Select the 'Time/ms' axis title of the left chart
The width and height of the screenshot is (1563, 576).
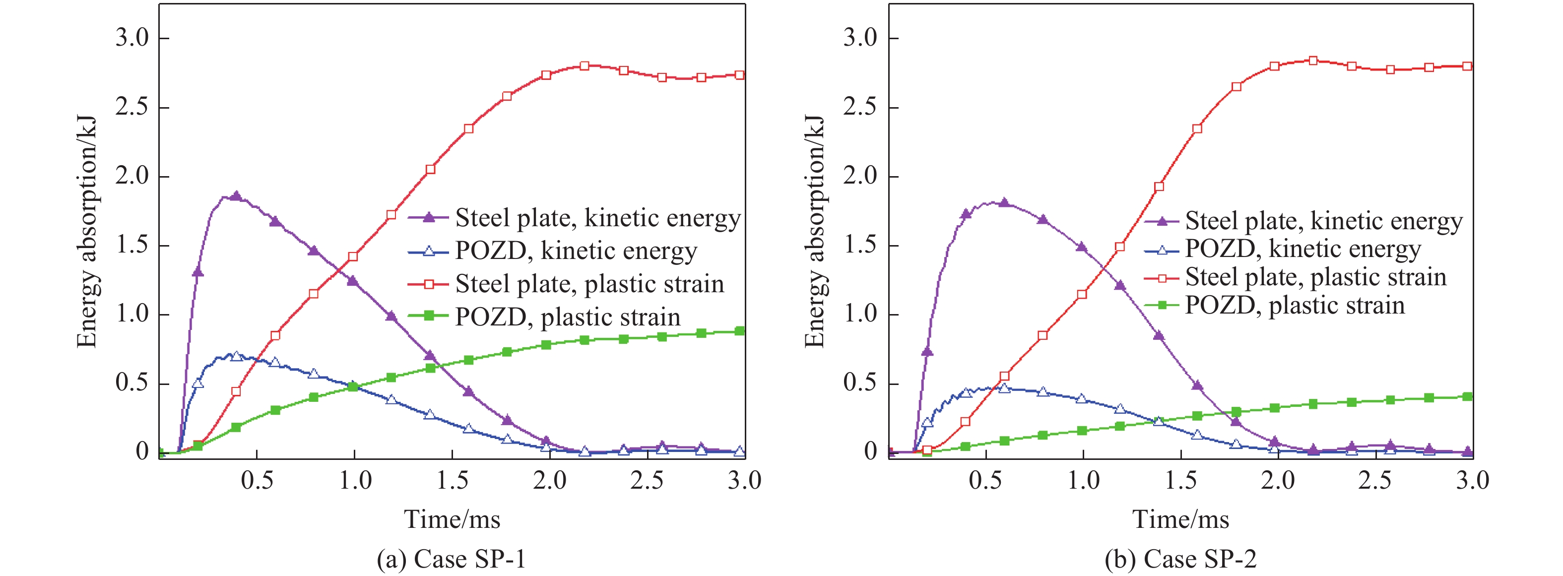[452, 519]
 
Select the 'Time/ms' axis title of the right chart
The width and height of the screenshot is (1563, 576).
[1181, 519]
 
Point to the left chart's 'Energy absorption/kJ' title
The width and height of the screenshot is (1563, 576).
[87, 231]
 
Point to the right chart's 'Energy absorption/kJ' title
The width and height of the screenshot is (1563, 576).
[815, 231]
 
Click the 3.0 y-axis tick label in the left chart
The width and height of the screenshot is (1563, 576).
[132, 38]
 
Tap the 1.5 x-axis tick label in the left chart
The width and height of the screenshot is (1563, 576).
[452, 481]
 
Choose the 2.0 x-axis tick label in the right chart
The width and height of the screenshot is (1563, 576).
[1278, 481]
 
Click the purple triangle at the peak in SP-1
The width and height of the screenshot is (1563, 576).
[236, 196]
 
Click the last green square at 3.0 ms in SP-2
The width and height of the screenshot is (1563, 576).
[1467, 396]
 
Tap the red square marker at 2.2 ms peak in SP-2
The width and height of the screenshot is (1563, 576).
[1313, 61]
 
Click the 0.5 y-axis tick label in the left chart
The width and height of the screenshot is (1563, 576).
[132, 383]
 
